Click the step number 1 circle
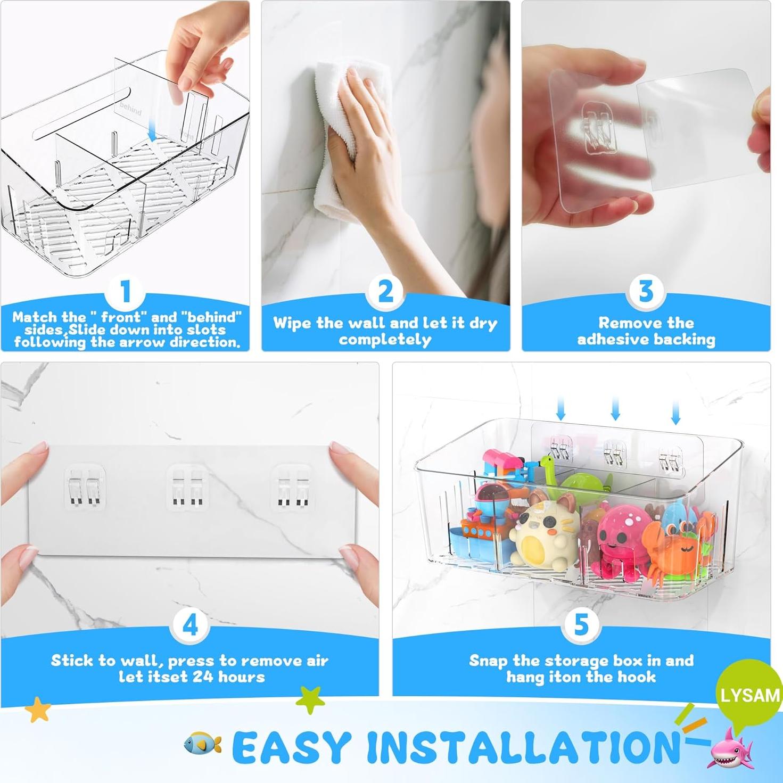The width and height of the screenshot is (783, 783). (x=126, y=292)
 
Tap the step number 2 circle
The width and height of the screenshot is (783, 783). (x=386, y=292)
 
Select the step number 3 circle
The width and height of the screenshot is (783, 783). (x=646, y=292)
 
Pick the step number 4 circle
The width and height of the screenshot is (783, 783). (x=190, y=625)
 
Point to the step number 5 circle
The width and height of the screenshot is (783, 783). (x=581, y=625)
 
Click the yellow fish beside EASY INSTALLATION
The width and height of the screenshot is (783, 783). (x=203, y=743)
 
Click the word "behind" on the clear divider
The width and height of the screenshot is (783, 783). (x=131, y=109)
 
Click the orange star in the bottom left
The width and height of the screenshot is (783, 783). (x=38, y=710)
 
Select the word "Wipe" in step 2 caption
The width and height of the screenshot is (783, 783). (x=292, y=323)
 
